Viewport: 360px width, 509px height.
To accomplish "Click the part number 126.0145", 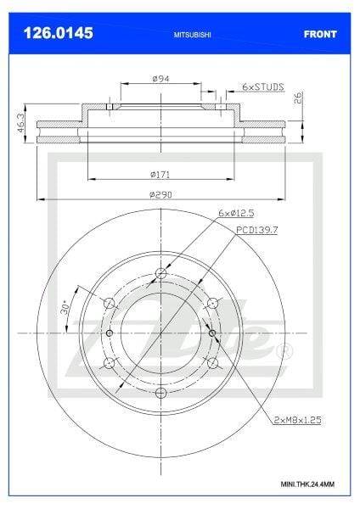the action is coord(58,33).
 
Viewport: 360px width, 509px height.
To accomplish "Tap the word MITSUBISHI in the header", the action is coord(192,35).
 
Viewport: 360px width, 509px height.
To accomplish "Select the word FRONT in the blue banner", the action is coord(320,34).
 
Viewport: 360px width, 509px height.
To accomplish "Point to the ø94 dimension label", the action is coord(160,79).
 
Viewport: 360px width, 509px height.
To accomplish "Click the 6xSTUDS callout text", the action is coord(263,87).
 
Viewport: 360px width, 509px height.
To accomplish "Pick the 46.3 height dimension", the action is coord(20,123).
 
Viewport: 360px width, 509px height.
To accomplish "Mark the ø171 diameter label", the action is coord(160,174).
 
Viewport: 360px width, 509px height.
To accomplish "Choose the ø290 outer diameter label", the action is coord(160,195).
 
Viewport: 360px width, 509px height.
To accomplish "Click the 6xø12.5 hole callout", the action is coord(236,213).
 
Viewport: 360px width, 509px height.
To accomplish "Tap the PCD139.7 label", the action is coord(256,230).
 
